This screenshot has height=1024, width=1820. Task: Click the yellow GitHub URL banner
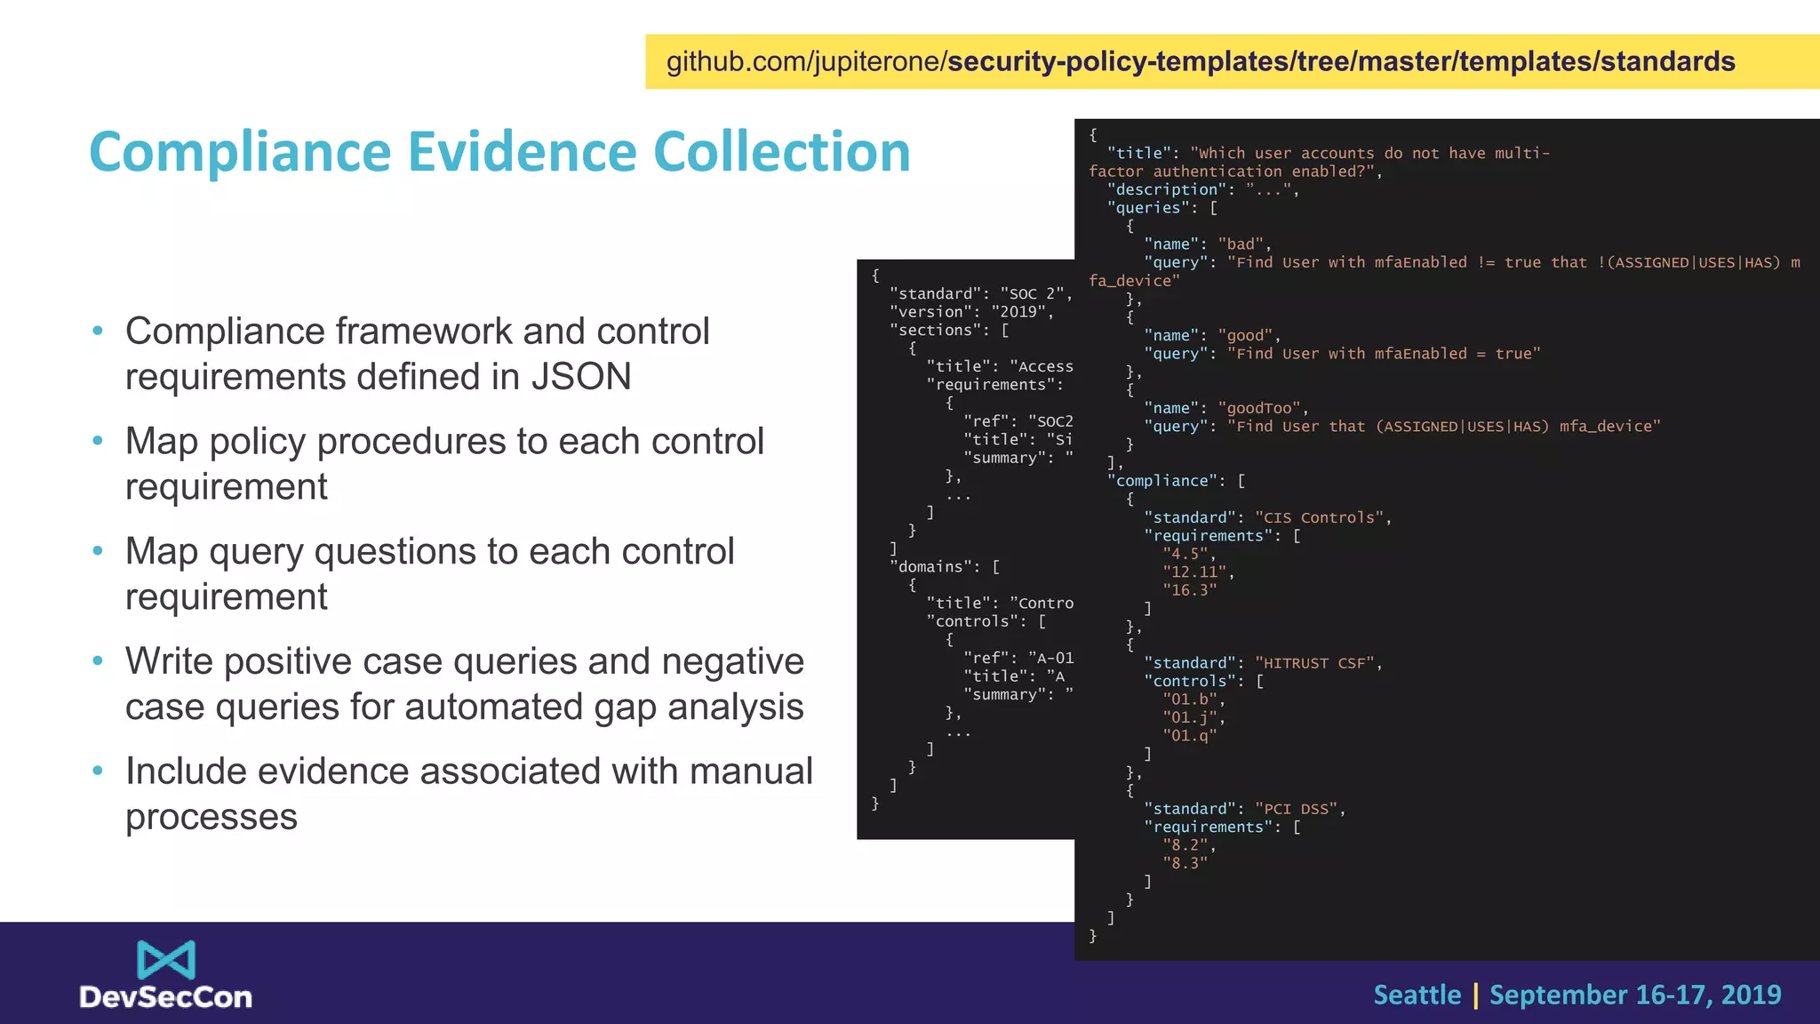click(x=1232, y=61)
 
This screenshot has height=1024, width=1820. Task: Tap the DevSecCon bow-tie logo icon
click(x=166, y=960)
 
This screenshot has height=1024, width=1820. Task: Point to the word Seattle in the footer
click(x=1417, y=995)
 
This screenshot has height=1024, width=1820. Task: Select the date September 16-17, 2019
click(x=1635, y=995)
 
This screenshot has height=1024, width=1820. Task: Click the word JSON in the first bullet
click(x=581, y=377)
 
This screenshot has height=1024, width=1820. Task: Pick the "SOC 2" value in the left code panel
click(x=1035, y=293)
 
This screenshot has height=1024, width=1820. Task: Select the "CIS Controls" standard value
click(x=1322, y=517)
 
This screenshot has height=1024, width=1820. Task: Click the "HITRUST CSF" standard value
click(x=1319, y=663)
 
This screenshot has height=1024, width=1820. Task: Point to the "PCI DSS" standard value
click(x=1300, y=809)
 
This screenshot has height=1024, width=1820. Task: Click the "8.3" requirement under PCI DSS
click(x=1185, y=863)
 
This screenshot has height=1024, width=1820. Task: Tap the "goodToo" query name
click(x=1263, y=408)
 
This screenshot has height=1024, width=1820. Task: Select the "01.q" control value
click(x=1190, y=736)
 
